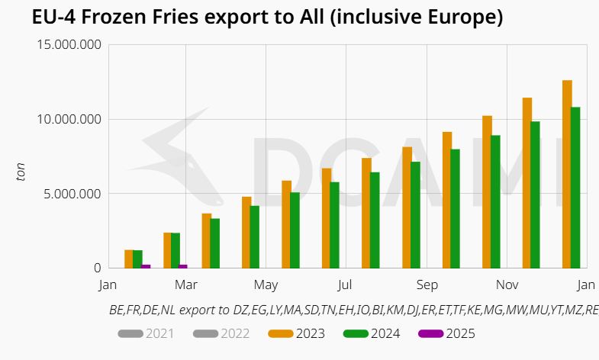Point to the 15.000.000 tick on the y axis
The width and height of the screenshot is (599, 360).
click(x=69, y=45)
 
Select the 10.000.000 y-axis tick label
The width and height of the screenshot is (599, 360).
click(x=69, y=119)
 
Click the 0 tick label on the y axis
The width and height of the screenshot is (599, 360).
click(x=97, y=268)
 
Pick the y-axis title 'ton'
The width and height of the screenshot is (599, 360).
click(x=21, y=172)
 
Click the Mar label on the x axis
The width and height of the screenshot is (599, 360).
click(x=186, y=285)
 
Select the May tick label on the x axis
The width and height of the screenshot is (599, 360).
click(x=266, y=285)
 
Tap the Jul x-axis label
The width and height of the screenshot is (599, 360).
click(x=345, y=285)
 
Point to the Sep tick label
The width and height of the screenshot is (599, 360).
click(x=427, y=285)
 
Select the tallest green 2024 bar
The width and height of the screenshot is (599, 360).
click(x=575, y=187)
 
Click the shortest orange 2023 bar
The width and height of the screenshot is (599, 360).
click(x=129, y=259)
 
